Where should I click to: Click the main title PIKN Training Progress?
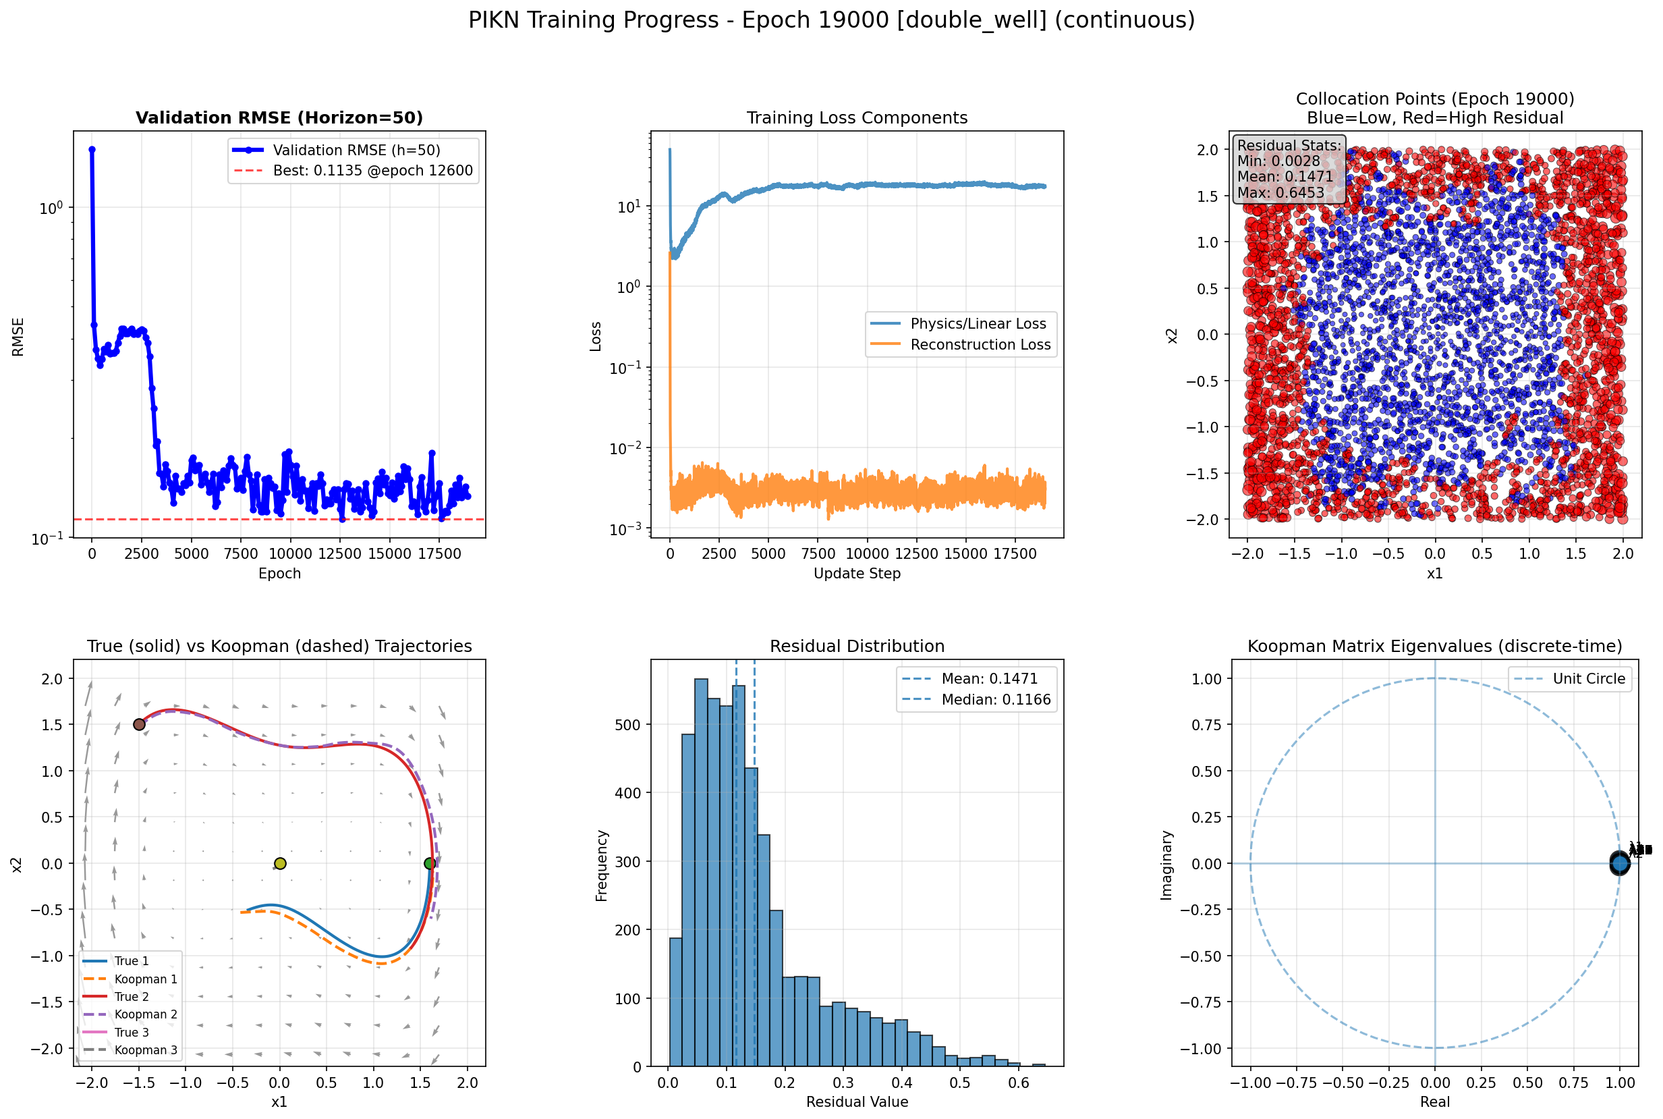point(831,20)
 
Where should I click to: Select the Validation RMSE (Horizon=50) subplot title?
point(279,117)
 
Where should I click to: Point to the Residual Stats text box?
point(1289,169)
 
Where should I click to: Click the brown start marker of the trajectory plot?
point(139,724)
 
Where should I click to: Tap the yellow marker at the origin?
point(280,863)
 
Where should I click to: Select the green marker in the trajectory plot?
point(430,863)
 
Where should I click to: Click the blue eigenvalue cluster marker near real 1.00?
point(1619,863)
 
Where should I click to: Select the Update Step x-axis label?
point(857,574)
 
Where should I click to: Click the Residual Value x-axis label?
point(857,1102)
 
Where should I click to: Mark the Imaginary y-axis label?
point(1166,865)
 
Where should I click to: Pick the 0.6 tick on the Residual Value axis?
point(1019,1083)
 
